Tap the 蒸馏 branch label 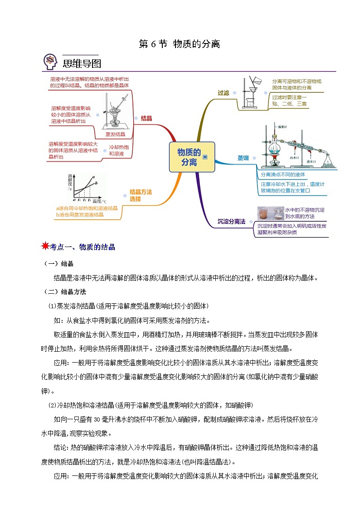pos(243,158)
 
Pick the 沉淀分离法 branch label pos(231,222)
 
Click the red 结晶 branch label pos(146,118)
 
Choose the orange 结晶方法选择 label pos(141,195)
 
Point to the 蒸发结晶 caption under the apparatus pos(115,134)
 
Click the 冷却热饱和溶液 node pos(120,150)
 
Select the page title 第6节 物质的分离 pos(180,44)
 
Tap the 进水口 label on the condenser pos(311,161)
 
